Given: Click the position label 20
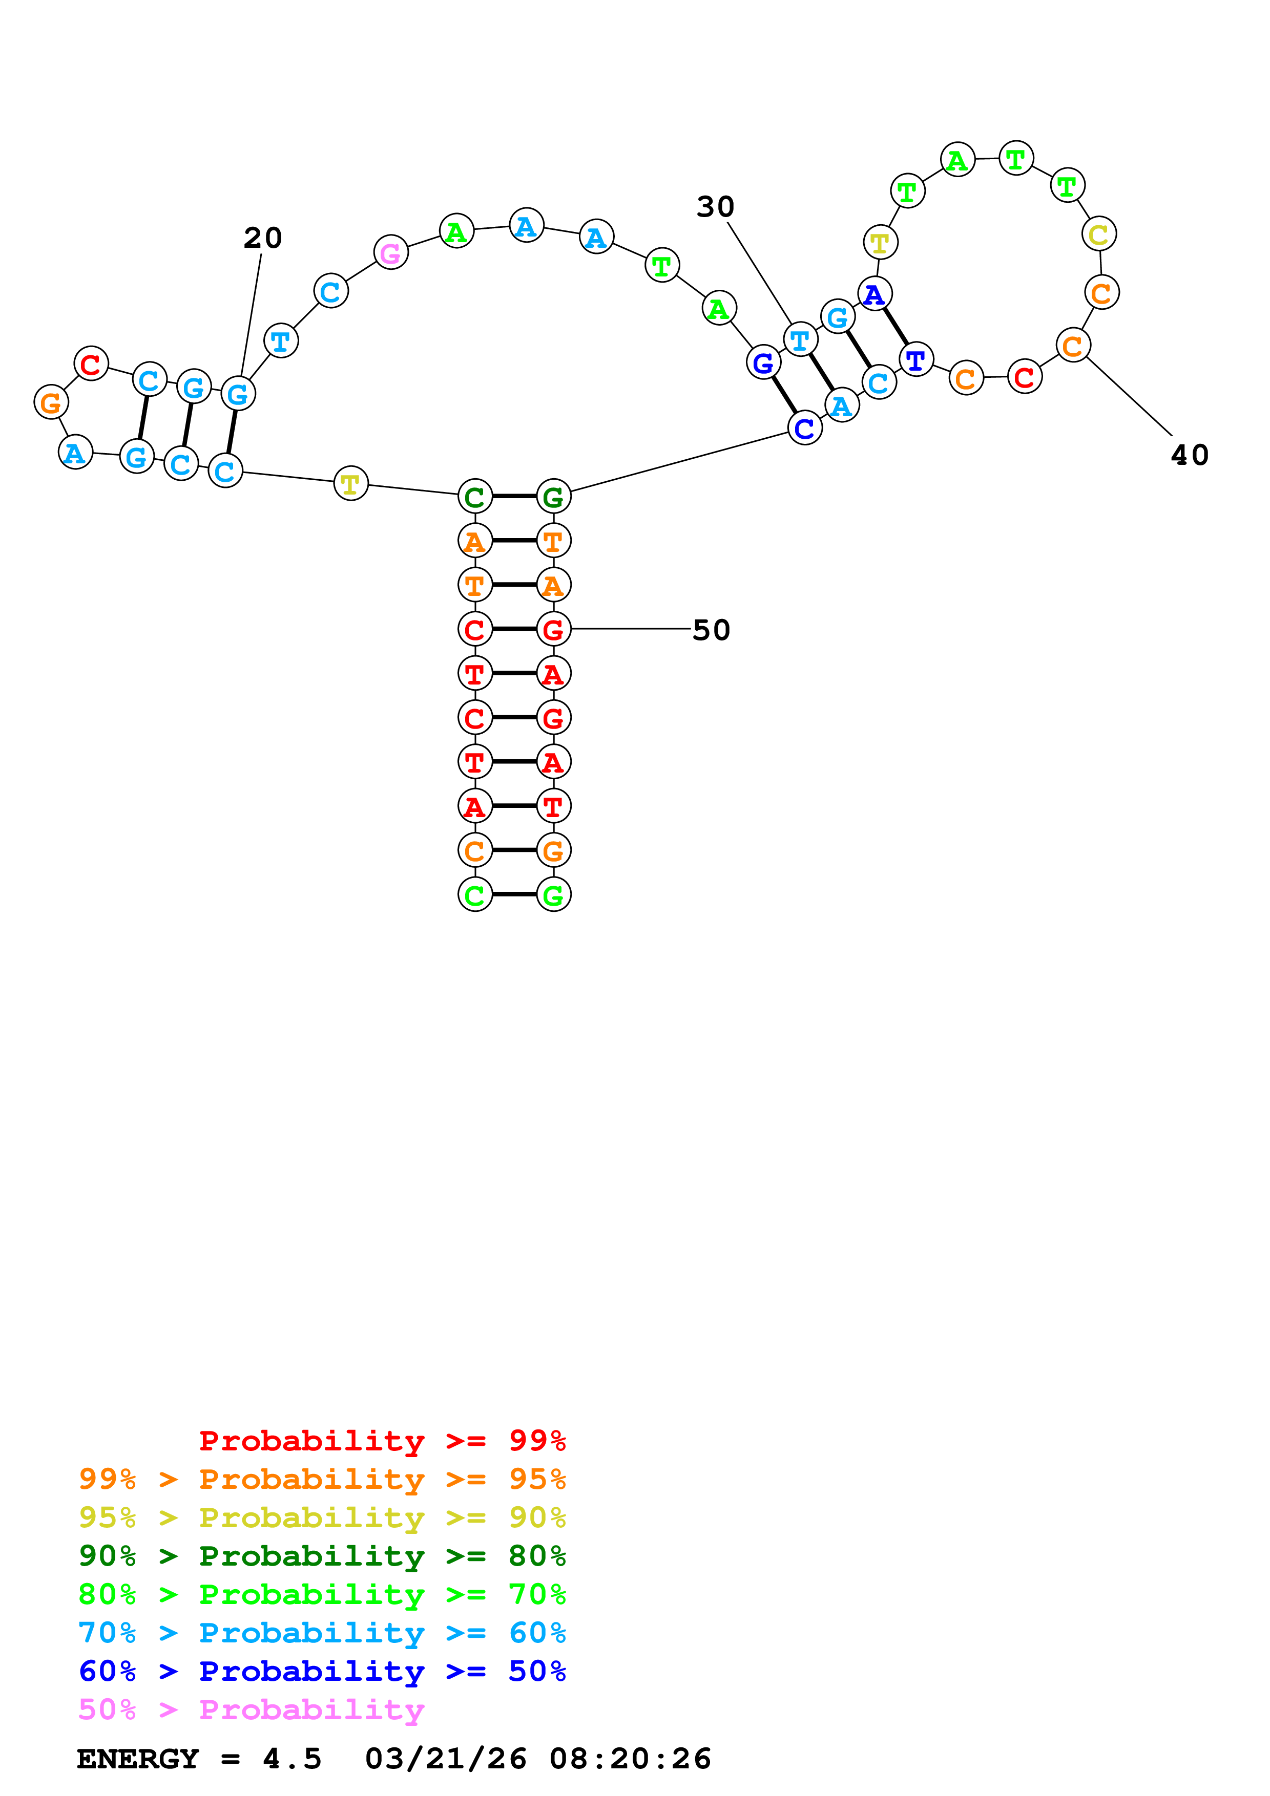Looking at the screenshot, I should pyautogui.click(x=262, y=238).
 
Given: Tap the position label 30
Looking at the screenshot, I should pyautogui.click(x=715, y=207).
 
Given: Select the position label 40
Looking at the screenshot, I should pyautogui.click(x=1190, y=455).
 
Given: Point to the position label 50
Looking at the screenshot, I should pyautogui.click(x=711, y=630).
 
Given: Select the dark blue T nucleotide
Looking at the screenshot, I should pyautogui.click(x=915, y=360).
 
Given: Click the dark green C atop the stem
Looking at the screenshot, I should pyautogui.click(x=475, y=497).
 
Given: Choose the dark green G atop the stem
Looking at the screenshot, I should pyautogui.click(x=553, y=497).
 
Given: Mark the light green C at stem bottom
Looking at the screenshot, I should pyautogui.click(x=475, y=895).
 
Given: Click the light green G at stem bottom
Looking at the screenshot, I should pyautogui.click(x=553, y=895).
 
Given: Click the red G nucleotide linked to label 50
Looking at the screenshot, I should pyautogui.click(x=553, y=629).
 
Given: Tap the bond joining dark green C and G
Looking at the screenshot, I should pyautogui.click(x=514, y=497).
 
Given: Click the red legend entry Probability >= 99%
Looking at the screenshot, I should pyautogui.click(x=382, y=1440).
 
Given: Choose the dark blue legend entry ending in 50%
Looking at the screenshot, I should pyautogui.click(x=322, y=1671).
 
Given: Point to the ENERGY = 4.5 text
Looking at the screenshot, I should pyautogui.click(x=199, y=1759).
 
